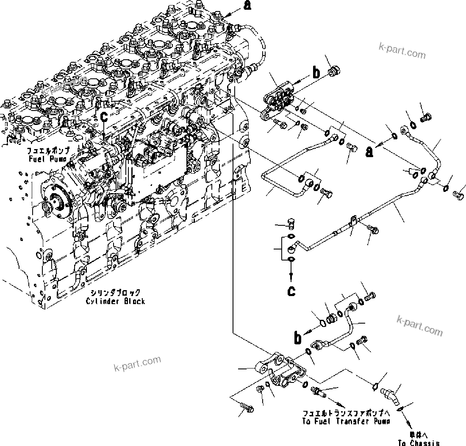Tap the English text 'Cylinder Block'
click(115, 301)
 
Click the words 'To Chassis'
click(418, 443)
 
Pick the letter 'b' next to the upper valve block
click(316, 72)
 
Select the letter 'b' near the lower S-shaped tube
click(299, 337)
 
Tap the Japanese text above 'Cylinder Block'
click(115, 293)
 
